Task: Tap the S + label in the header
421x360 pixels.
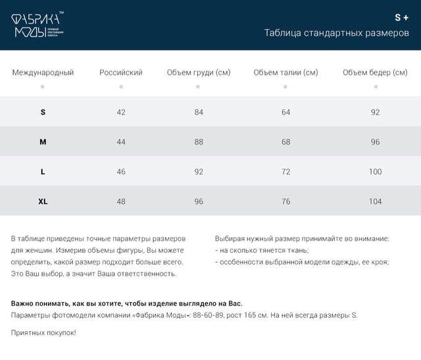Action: coord(401,17)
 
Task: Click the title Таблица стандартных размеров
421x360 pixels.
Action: coord(336,33)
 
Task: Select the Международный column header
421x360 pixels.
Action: coord(43,72)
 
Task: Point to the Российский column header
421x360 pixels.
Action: coord(121,72)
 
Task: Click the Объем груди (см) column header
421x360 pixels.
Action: coord(199,72)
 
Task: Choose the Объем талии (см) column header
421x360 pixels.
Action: coord(285,72)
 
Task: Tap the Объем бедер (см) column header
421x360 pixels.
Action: coord(375,72)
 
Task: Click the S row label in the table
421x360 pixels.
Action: coord(43,112)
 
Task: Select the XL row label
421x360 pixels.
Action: coord(43,201)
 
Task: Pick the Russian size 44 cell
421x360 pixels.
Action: coord(121,141)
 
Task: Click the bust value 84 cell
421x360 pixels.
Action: coord(199,112)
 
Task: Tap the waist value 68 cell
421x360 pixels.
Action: coord(285,141)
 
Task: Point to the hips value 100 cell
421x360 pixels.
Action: coord(375,172)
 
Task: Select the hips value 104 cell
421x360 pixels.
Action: coord(375,201)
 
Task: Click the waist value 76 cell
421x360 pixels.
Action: coord(285,201)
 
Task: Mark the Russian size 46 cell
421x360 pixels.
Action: coord(121,172)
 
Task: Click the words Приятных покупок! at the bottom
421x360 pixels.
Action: coord(43,333)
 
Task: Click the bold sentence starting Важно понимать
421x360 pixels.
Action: coord(127,303)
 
